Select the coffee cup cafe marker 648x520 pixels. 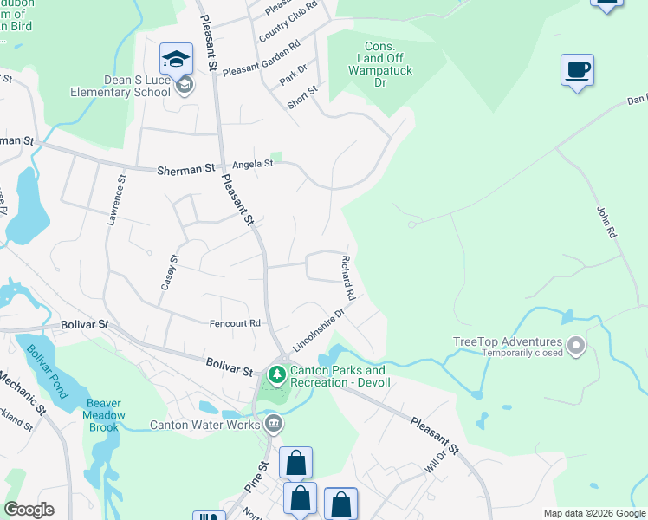tap(576, 70)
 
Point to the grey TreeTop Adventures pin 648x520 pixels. tap(575, 348)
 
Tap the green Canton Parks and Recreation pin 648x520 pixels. tap(277, 375)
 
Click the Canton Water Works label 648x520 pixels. tap(205, 425)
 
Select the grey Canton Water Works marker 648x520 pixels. tap(274, 424)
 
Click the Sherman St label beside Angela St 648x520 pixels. tap(185, 170)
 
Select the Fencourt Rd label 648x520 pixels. tap(235, 323)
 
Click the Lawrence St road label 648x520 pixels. tap(113, 201)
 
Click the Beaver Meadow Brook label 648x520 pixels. tap(103, 409)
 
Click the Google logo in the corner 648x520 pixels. tap(29, 510)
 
